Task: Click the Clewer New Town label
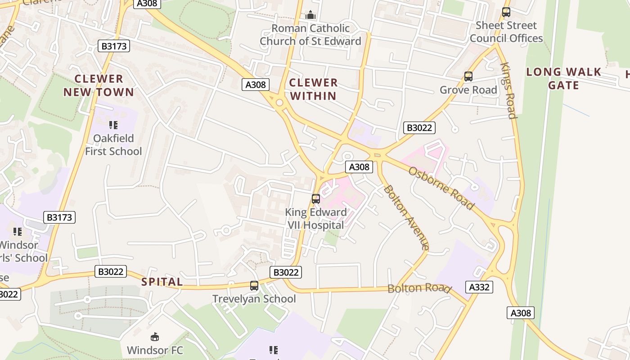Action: point(99,85)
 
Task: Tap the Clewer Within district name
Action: point(313,89)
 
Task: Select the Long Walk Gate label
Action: point(563,78)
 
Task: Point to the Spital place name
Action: point(162,282)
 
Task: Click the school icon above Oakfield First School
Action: point(113,125)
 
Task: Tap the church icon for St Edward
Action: point(310,15)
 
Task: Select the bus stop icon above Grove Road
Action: point(468,76)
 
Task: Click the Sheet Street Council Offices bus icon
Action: point(506,12)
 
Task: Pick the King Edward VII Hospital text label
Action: point(316,219)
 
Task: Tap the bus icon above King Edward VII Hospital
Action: point(316,198)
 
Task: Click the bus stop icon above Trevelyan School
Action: point(254,285)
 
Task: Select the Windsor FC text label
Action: point(155,350)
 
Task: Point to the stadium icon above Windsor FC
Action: point(155,337)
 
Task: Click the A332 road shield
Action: point(479,287)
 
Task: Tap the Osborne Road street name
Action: point(441,188)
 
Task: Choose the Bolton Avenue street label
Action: point(405,217)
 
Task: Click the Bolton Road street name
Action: point(419,288)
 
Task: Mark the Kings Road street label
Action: point(508,90)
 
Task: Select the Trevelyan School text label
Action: point(254,299)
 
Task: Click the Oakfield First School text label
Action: point(113,144)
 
